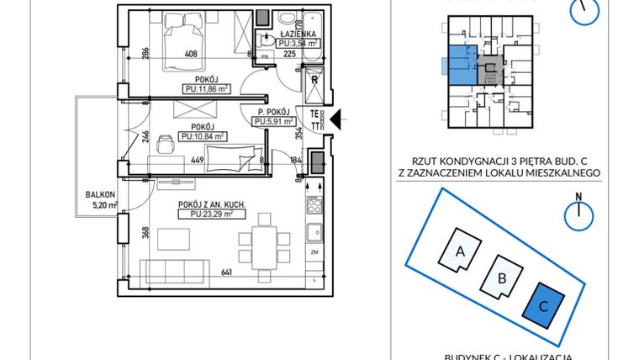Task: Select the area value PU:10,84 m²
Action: [203, 135]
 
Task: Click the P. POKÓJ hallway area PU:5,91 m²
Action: [273, 121]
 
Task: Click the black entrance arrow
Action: [335, 120]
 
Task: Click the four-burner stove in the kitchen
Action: [316, 204]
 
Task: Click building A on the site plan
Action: [461, 250]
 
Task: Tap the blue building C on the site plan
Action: [542, 306]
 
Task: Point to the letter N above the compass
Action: [579, 198]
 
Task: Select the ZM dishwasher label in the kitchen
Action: [314, 251]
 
